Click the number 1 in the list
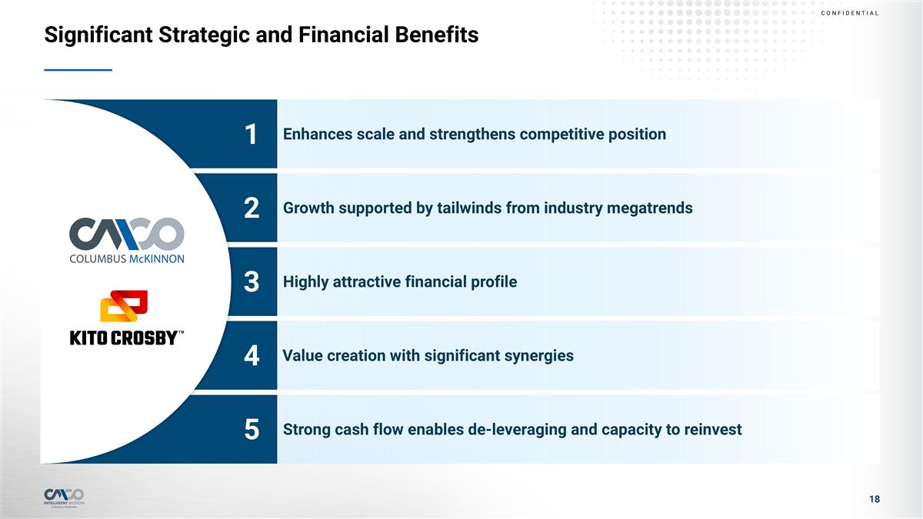pos(251,135)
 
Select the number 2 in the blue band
pos(251,209)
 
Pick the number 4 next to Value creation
pos(251,357)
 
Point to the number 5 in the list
pos(251,431)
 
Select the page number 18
pos(874,500)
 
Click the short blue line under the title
pos(78,70)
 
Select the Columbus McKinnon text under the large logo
pos(127,259)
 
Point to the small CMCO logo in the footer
pos(65,494)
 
